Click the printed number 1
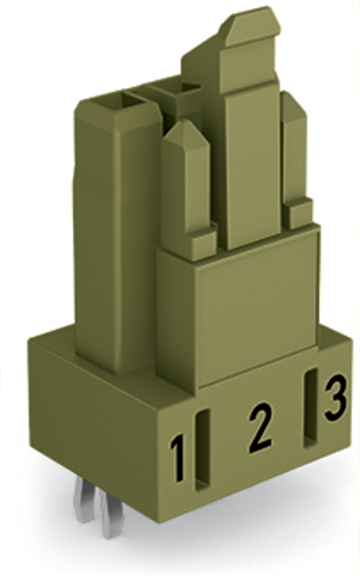(x=178, y=457)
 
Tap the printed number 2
(x=261, y=427)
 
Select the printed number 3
(x=335, y=397)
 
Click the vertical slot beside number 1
(x=202, y=449)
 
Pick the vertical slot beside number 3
(x=310, y=408)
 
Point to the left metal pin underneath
(x=84, y=501)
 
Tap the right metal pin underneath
(x=111, y=514)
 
